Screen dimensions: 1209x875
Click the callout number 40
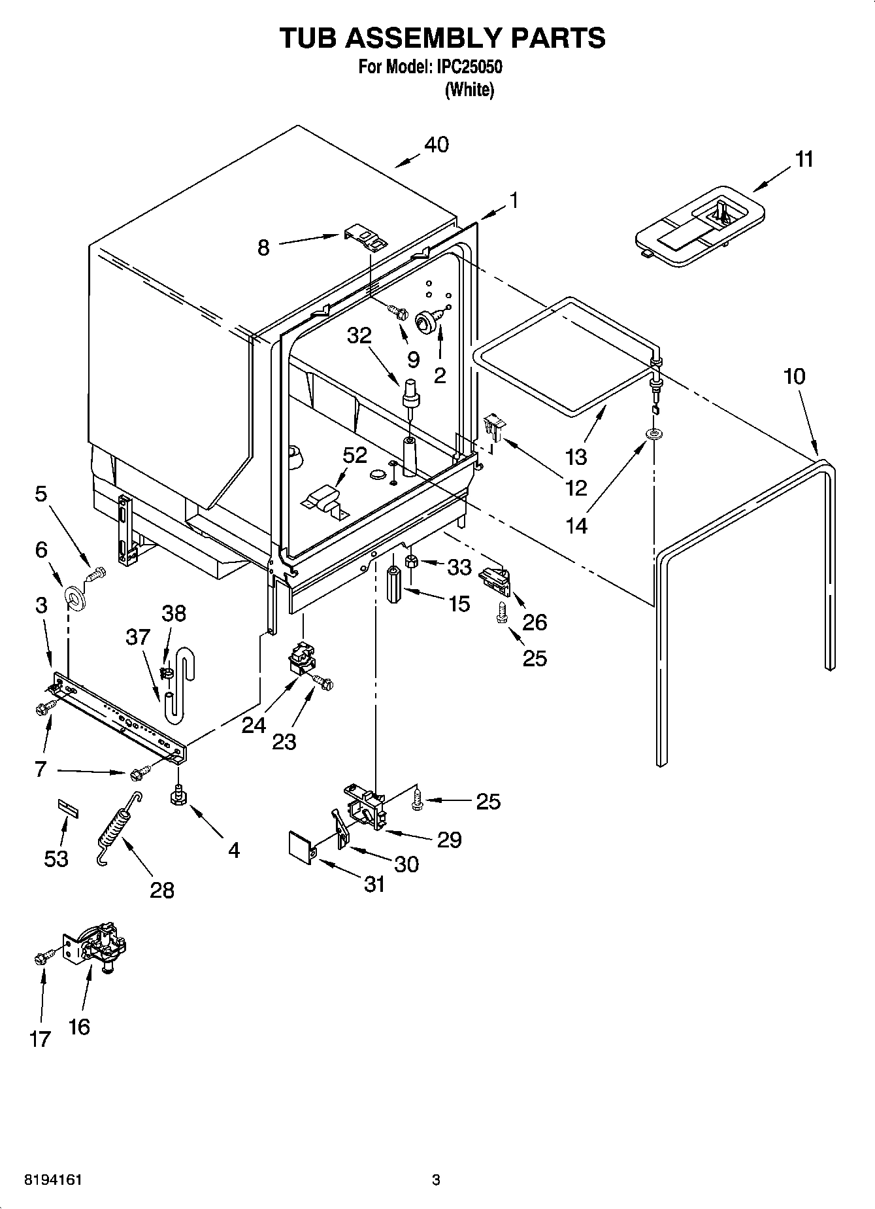point(437,145)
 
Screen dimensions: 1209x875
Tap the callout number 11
point(804,159)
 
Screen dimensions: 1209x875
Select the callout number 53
point(56,858)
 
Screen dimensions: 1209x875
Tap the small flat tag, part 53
point(67,808)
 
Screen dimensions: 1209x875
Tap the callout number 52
point(355,455)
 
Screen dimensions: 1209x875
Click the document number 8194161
point(53,1179)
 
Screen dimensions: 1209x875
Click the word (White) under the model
point(469,90)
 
